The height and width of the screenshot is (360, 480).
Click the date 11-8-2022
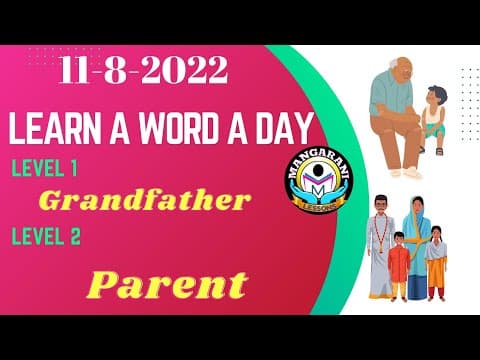pos(142,71)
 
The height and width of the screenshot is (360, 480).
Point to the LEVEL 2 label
pos(45,237)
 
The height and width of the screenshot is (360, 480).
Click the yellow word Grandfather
pos(144,201)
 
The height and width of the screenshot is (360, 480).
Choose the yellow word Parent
pos(166,285)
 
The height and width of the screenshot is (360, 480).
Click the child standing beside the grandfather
pos(433,114)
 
